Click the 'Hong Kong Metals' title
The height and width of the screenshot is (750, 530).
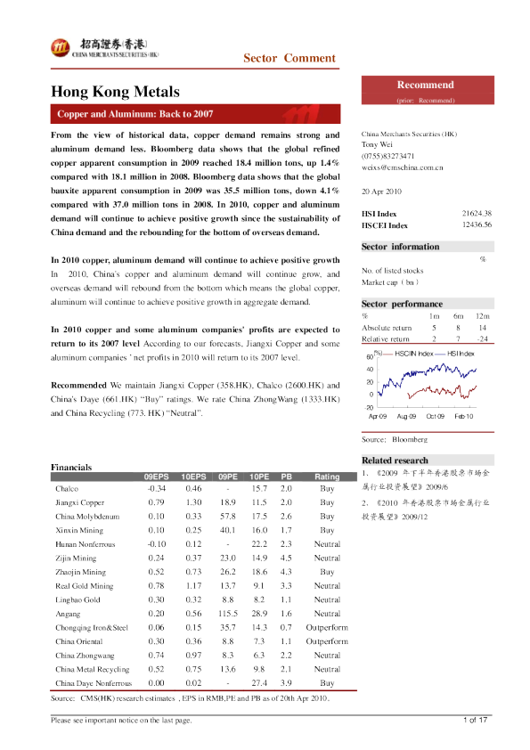116,92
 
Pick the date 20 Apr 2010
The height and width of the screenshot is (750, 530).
383,192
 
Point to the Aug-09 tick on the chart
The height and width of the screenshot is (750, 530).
407,416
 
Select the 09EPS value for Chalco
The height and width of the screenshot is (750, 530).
156,489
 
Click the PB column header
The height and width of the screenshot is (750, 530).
286,477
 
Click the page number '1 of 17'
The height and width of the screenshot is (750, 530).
474,719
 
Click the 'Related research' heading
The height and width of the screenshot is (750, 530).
395,460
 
